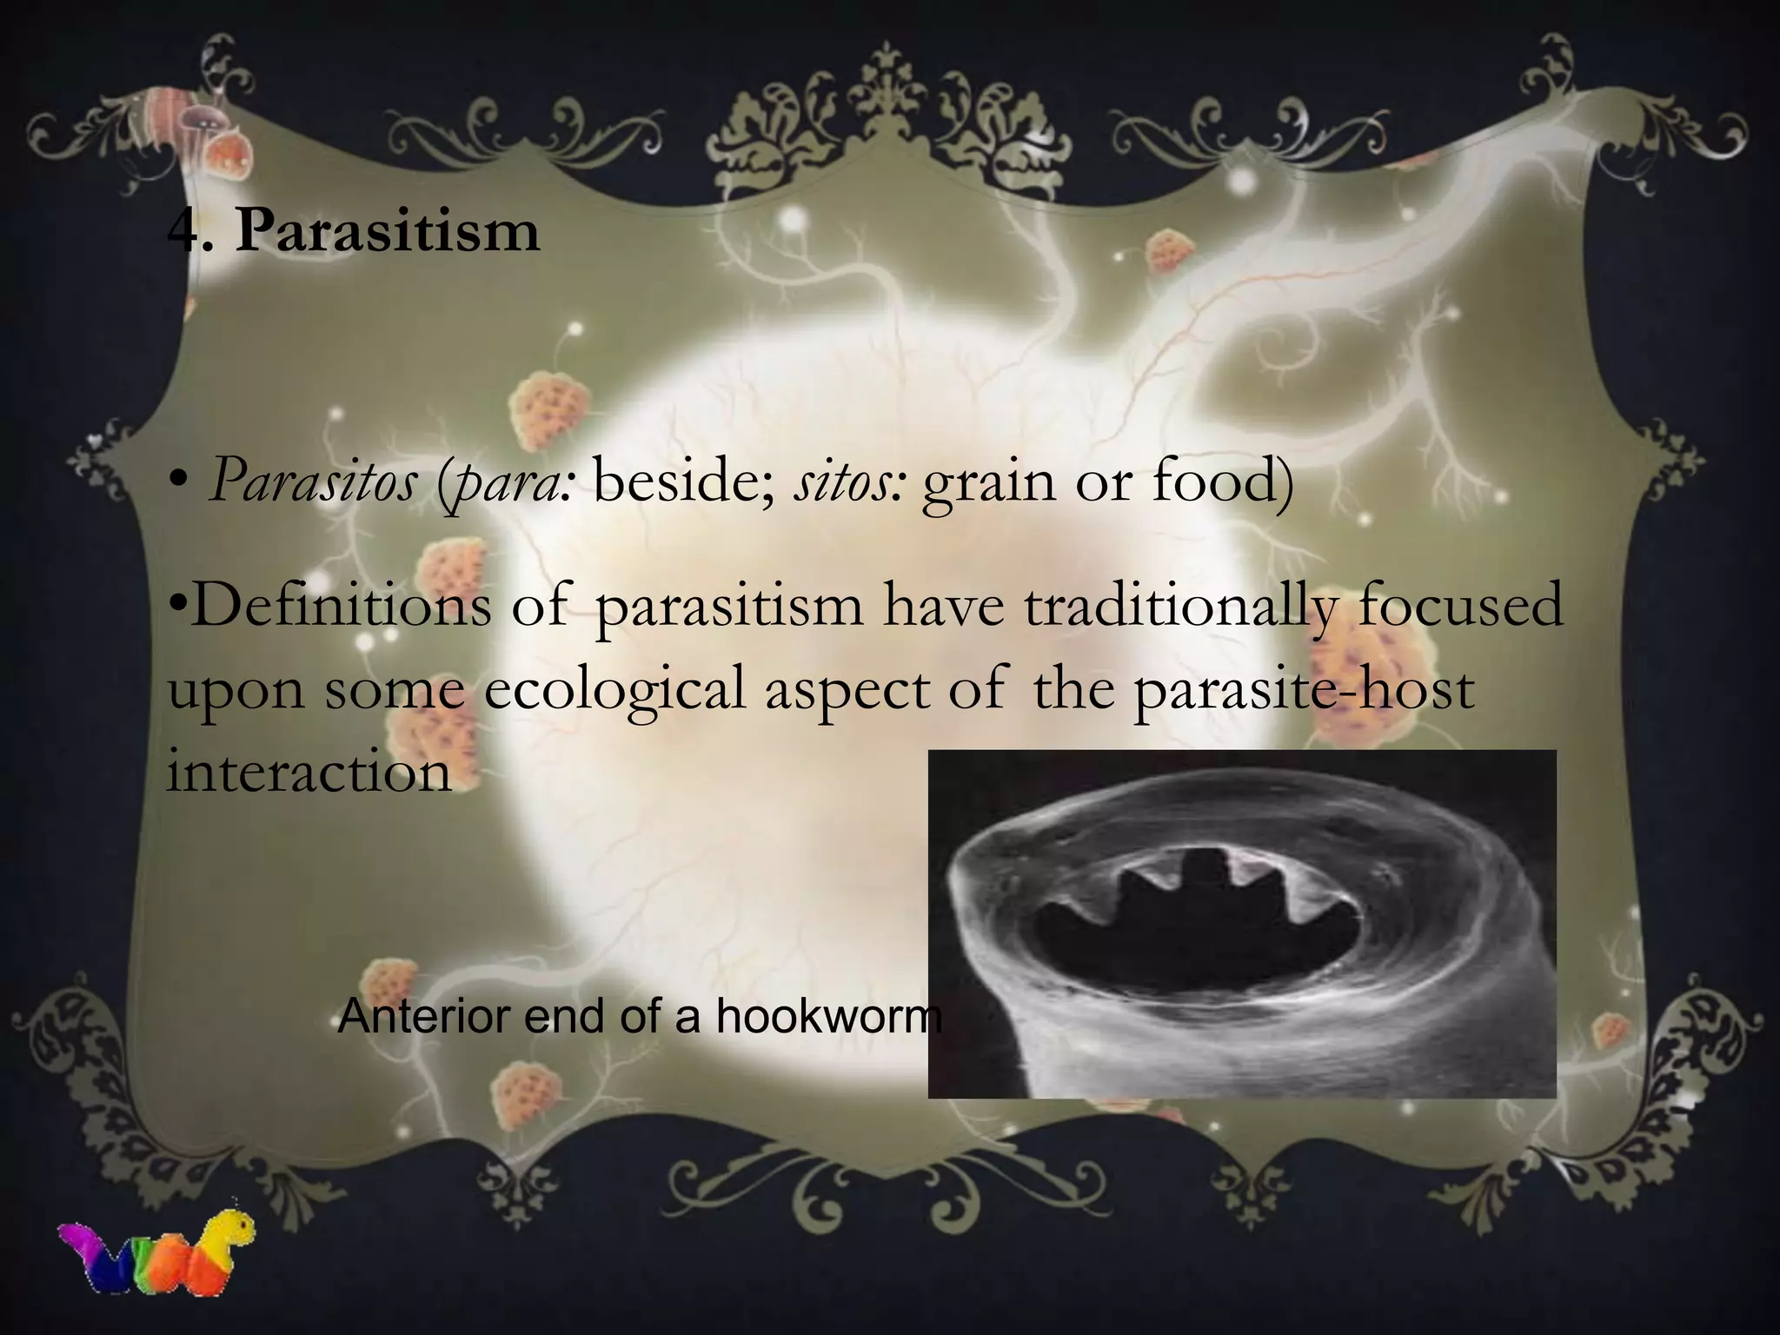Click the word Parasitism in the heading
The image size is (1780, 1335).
(388, 232)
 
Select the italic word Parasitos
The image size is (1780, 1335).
(313, 481)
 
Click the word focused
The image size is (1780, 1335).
(1460, 605)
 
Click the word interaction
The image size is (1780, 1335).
(309, 770)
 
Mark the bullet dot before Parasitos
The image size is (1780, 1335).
(180, 482)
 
